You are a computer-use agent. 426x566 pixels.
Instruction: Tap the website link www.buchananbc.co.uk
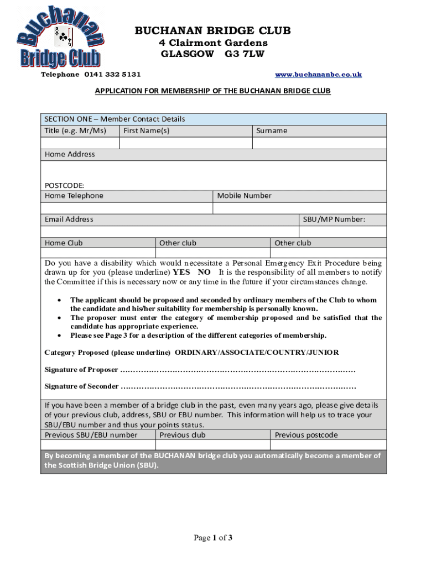(x=318, y=74)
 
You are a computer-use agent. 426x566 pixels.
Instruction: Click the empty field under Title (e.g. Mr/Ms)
(x=80, y=143)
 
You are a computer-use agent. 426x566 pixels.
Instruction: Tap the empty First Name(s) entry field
(x=186, y=143)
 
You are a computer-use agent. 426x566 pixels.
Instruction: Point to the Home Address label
(x=70, y=154)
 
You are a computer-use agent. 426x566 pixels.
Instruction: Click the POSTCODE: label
(x=64, y=186)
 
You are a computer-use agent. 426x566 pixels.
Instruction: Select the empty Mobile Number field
(x=299, y=208)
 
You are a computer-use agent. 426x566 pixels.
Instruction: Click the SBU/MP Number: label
(x=334, y=219)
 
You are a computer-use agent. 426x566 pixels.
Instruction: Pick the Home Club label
(x=64, y=243)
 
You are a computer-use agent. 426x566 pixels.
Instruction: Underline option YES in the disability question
(x=181, y=272)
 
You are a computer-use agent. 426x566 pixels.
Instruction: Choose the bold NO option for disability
(x=204, y=272)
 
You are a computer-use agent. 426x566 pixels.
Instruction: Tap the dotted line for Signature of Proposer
(x=238, y=370)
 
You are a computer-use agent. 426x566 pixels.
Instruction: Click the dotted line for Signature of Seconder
(x=238, y=386)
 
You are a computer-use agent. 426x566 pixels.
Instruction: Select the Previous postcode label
(x=306, y=435)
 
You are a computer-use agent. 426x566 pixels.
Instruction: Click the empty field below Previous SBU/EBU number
(x=98, y=445)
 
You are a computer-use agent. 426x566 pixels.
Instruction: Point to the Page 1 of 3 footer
(x=212, y=537)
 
